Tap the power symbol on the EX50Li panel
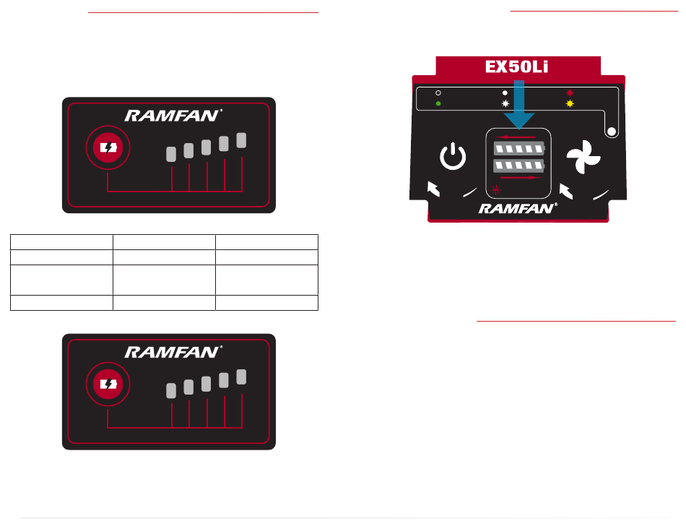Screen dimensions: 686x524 click(453, 157)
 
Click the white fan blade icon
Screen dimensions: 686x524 click(583, 158)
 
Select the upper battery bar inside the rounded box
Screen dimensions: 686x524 click(518, 150)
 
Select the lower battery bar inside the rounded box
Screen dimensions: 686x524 click(518, 166)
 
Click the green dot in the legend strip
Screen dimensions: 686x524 click(438, 103)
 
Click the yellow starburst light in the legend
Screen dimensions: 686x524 click(570, 103)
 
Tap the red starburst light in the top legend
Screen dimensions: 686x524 click(570, 93)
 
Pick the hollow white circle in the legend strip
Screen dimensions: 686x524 click(438, 93)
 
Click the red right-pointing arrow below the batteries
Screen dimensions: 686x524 click(518, 176)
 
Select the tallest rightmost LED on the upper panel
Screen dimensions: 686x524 click(241, 141)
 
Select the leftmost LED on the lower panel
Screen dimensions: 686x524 click(171, 391)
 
